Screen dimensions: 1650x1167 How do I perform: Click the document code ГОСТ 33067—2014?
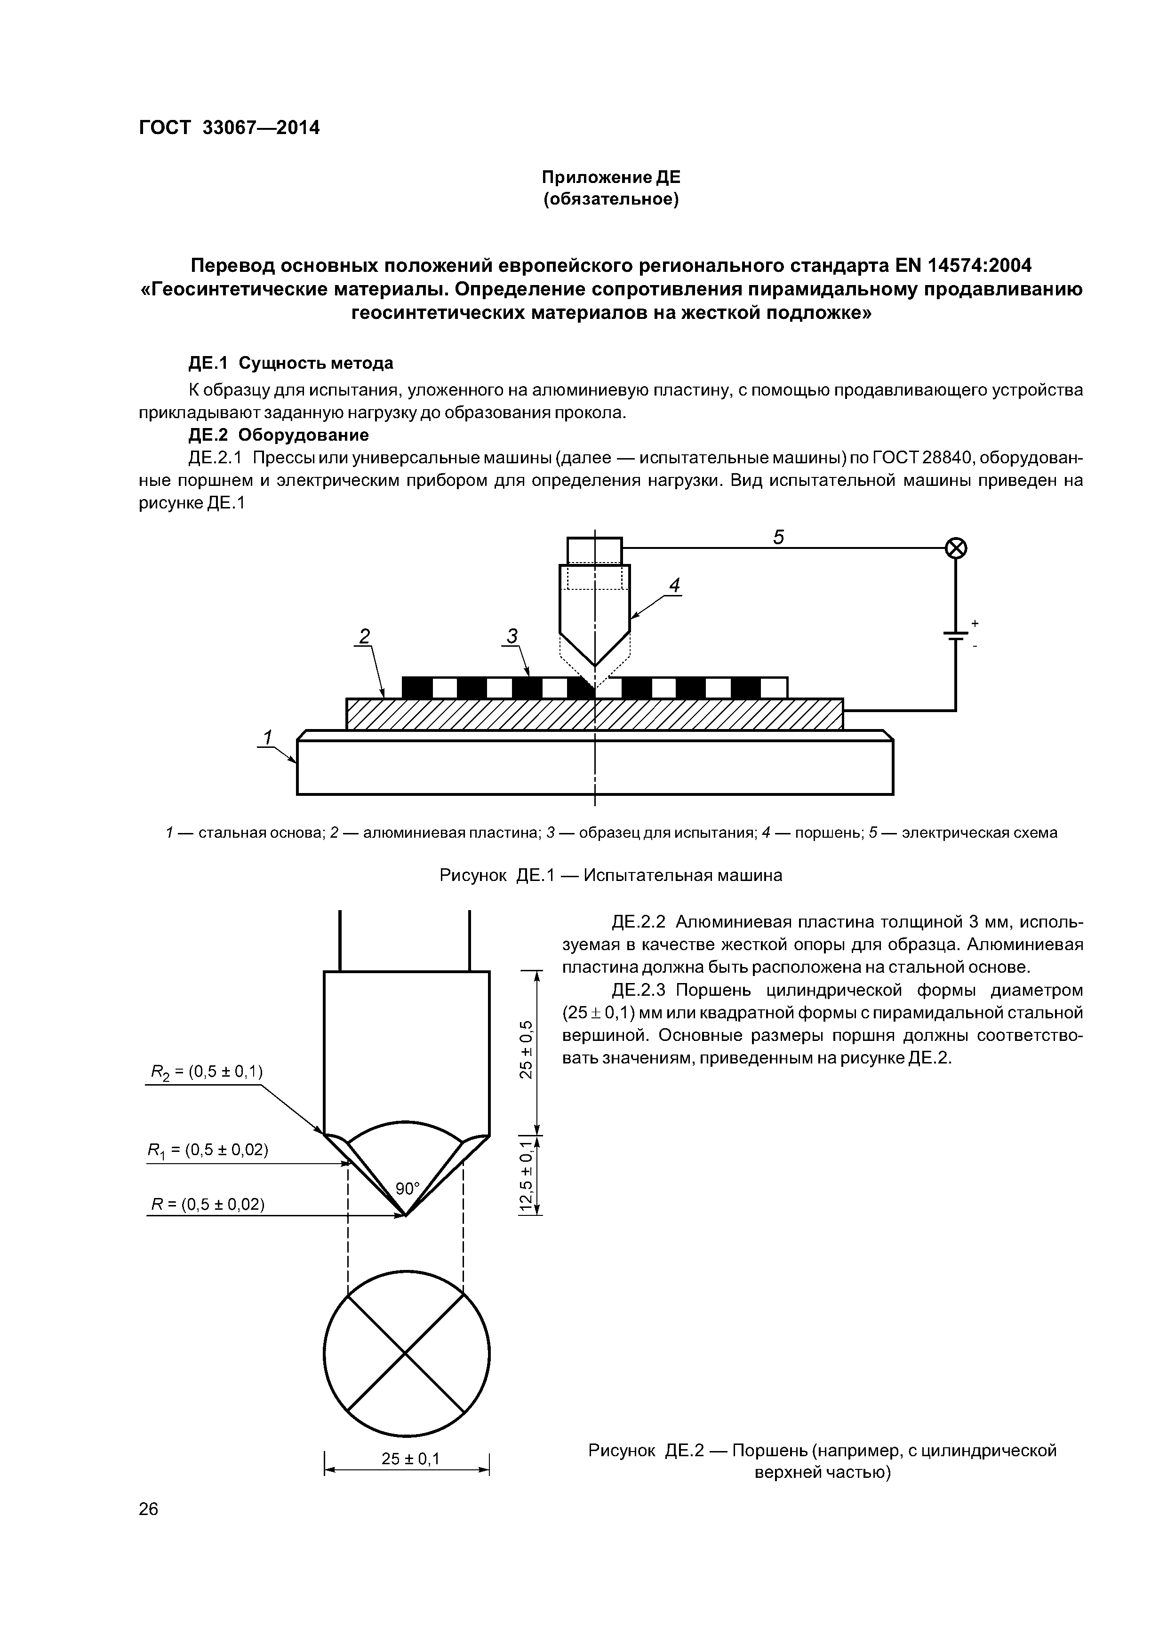(229, 128)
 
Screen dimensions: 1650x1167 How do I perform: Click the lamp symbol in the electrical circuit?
(956, 549)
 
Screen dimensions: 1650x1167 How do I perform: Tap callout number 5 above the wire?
(779, 538)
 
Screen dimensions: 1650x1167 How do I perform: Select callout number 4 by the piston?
(674, 586)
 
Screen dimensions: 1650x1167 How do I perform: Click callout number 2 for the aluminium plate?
(365, 636)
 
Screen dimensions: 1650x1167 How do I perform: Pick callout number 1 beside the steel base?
(267, 738)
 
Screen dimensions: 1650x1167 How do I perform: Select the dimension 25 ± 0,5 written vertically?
(527, 1050)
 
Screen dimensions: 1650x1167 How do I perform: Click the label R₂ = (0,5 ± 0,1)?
(207, 1072)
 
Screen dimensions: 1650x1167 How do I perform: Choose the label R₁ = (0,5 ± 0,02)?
(208, 1150)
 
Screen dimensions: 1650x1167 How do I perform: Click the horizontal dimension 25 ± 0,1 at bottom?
(410, 1459)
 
